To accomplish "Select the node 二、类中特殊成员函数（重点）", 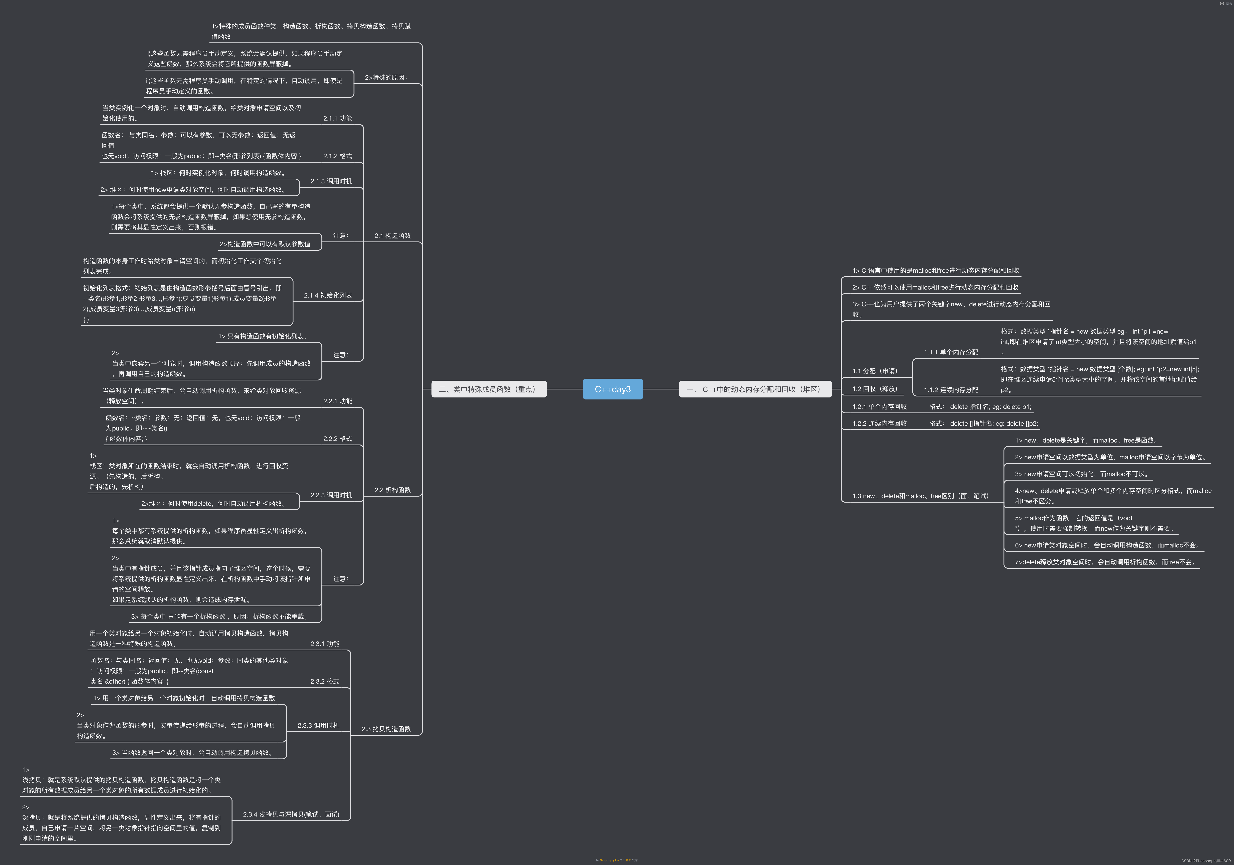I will [x=489, y=389].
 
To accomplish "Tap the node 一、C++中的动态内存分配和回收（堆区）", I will [x=755, y=389].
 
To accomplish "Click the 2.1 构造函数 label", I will [x=392, y=236].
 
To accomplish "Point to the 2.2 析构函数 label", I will [x=392, y=490].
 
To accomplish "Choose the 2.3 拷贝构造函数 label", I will [x=386, y=729].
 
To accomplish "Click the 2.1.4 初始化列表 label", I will [x=328, y=296].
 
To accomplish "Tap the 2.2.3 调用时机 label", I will [x=331, y=495].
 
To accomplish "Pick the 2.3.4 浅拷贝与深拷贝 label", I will [x=291, y=815].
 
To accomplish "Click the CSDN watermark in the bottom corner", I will [x=1206, y=861].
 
